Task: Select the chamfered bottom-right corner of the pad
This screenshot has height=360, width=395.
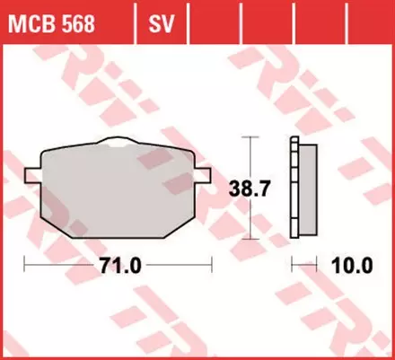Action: (185, 226)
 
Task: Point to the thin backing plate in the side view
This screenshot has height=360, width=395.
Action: (294, 190)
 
